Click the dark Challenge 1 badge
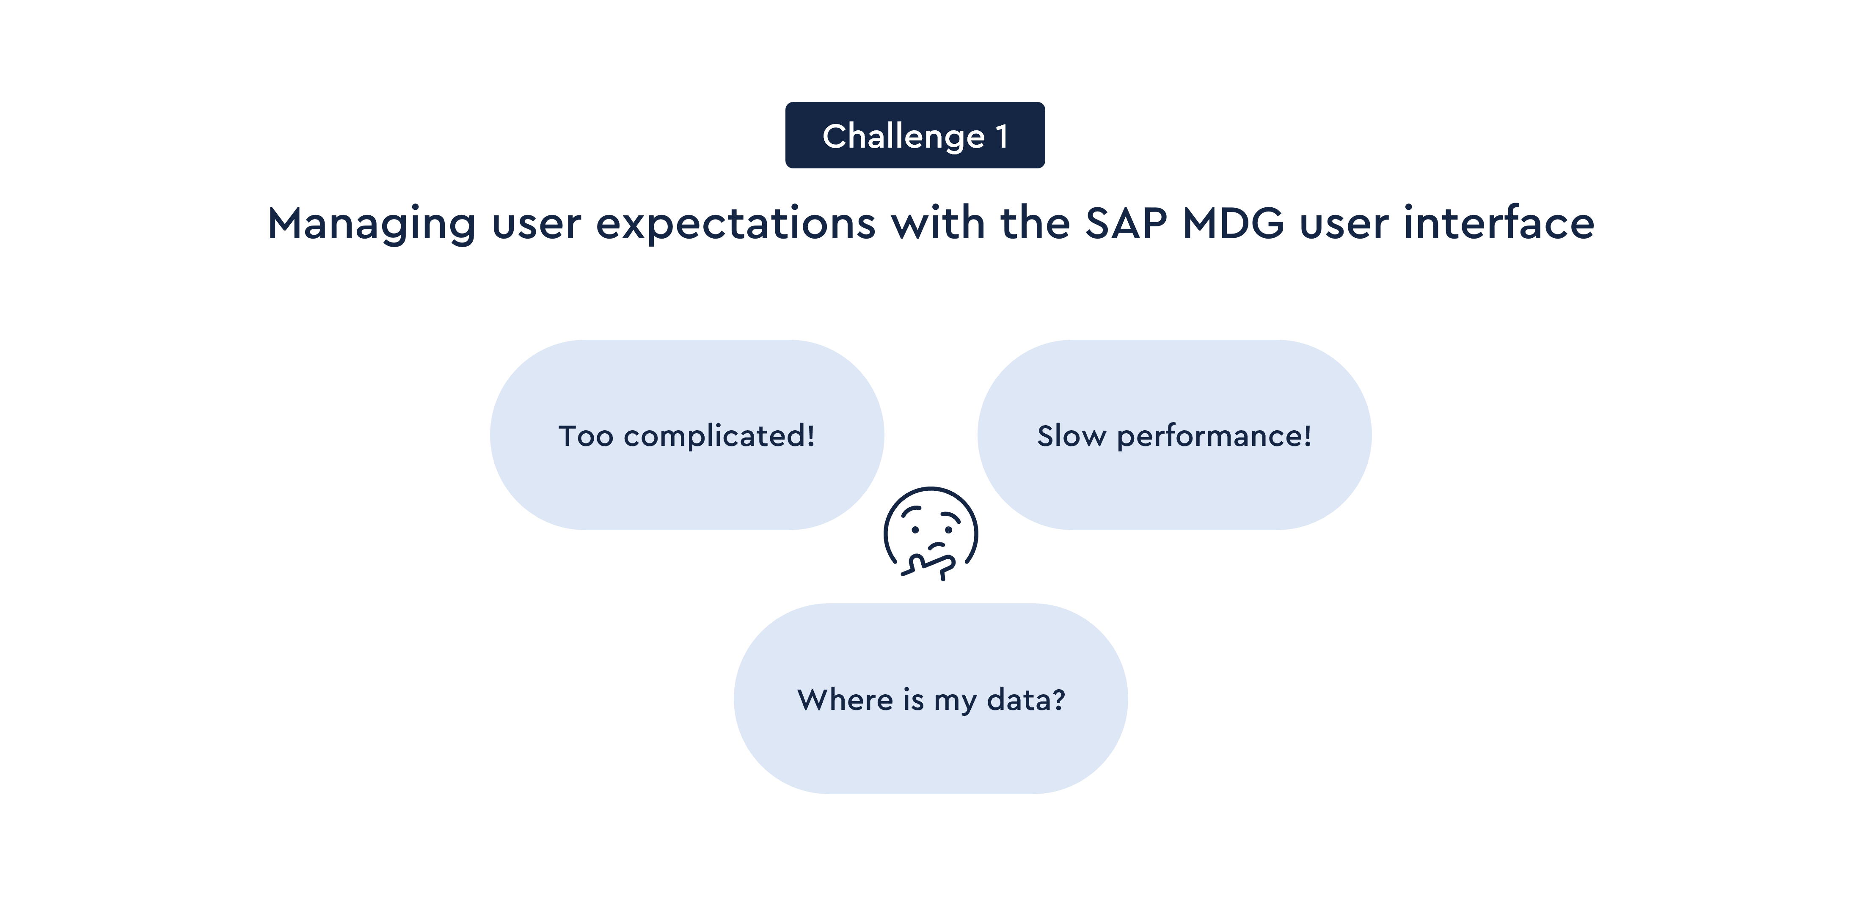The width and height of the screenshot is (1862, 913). [915, 135]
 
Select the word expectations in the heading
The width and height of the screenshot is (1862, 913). [736, 224]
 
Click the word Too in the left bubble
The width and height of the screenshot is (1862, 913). [586, 436]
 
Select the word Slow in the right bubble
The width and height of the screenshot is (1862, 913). [1072, 436]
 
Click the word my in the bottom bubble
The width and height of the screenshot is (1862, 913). [955, 703]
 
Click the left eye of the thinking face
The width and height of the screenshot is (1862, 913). [914, 530]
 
